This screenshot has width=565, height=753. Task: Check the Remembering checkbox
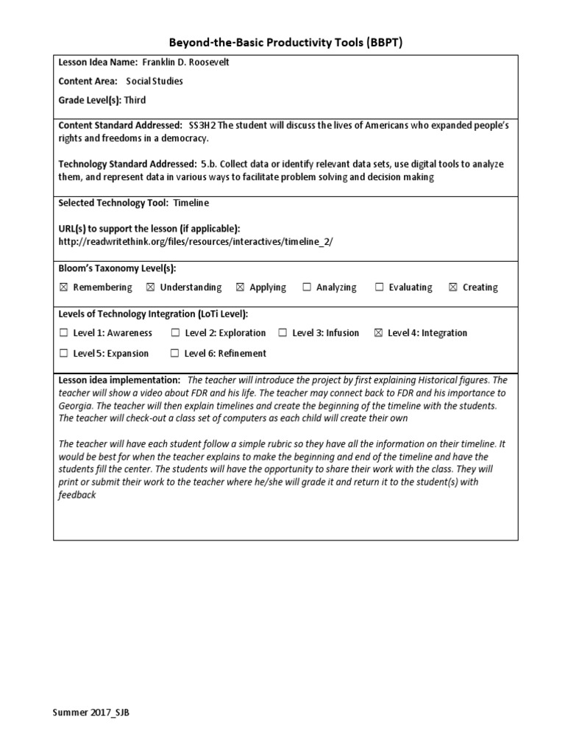63,288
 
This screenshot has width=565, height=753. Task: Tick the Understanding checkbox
150,288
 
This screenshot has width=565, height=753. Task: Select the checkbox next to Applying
240,288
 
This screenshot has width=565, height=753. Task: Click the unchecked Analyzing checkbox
307,288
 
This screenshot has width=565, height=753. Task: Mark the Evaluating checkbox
380,288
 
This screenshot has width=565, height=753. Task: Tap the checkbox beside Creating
452,288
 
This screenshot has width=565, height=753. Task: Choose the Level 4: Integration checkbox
378,333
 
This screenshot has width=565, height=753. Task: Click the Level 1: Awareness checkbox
63,333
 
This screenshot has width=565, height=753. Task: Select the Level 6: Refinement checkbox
174,354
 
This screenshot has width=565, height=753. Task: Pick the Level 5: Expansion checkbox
63,354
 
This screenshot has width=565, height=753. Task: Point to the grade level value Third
135,99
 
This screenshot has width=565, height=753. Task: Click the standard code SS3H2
204,126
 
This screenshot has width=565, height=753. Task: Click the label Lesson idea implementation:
119,380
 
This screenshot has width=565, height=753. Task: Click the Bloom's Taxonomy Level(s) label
117,268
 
